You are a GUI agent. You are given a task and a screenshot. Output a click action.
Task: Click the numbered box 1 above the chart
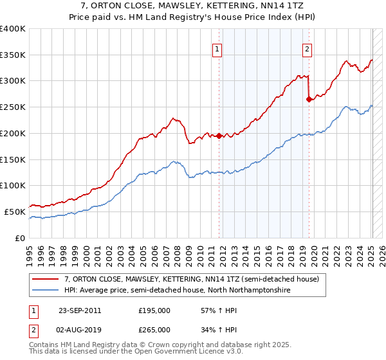(217, 49)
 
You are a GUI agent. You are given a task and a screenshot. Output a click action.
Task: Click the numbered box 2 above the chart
(308, 49)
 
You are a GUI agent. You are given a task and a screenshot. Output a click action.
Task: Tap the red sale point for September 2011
(219, 136)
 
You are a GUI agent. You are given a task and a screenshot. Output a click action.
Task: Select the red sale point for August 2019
(309, 99)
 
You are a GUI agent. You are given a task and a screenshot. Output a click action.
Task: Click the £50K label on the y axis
(15, 212)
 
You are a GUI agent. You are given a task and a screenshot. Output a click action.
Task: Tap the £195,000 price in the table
(154, 310)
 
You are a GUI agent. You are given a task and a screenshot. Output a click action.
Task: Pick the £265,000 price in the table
(154, 330)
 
